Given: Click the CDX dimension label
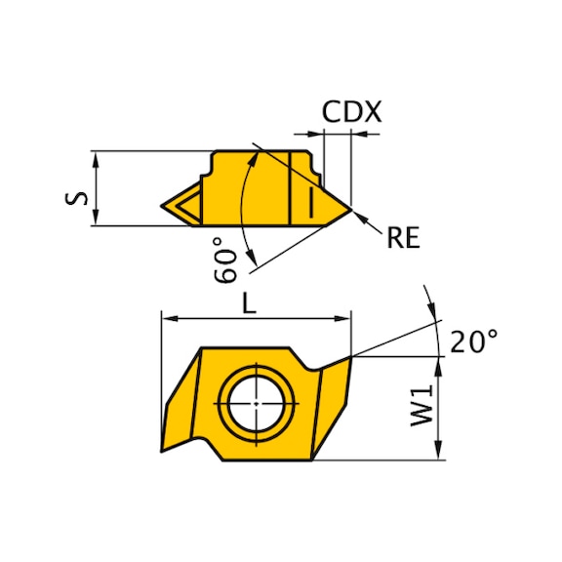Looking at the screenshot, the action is click(x=351, y=111).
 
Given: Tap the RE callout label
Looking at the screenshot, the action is click(x=403, y=238).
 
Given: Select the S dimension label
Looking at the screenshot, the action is click(x=76, y=198).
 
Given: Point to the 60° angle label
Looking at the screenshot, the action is click(x=225, y=260).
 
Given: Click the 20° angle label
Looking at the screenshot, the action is click(x=474, y=341).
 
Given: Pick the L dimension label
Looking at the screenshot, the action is click(x=250, y=303).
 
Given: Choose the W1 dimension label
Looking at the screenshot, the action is click(x=421, y=405).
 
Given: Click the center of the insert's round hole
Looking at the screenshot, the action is click(x=257, y=404).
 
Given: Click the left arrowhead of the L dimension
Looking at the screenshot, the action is click(x=169, y=318).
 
